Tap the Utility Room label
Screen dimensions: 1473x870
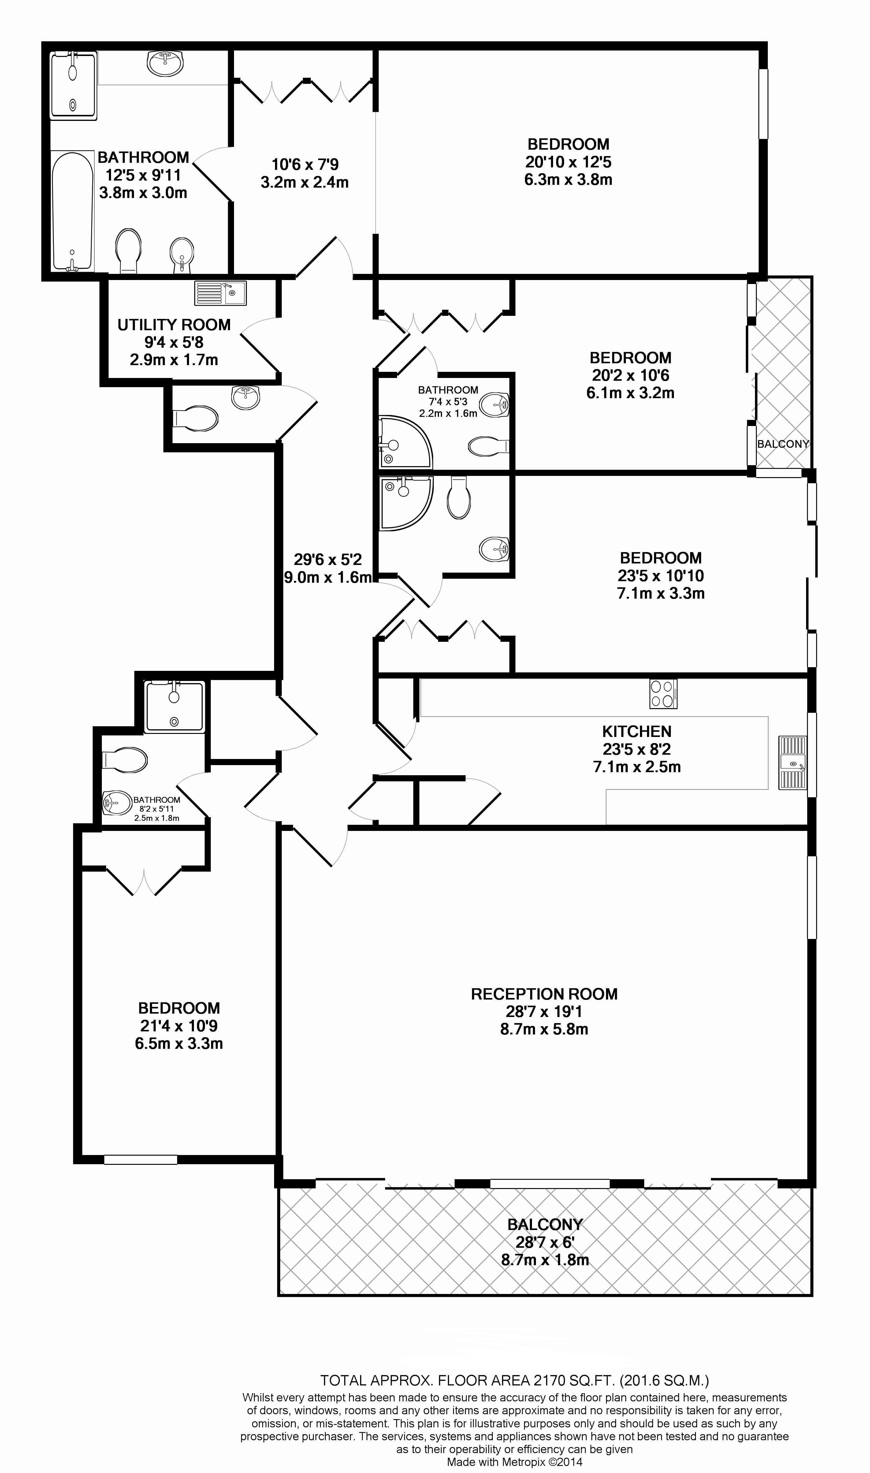[x=174, y=325]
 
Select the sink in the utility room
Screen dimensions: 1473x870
[x=221, y=293]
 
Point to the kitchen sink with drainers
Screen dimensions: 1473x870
[x=792, y=764]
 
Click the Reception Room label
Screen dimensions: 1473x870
[x=544, y=994]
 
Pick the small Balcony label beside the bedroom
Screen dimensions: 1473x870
[x=783, y=444]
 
